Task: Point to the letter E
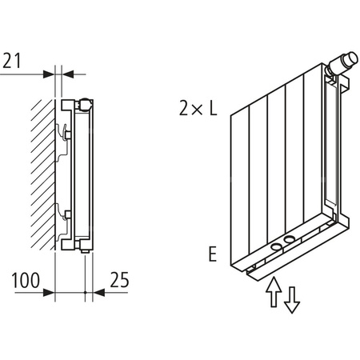tap(212, 254)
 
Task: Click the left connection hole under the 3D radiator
tap(275, 248)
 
